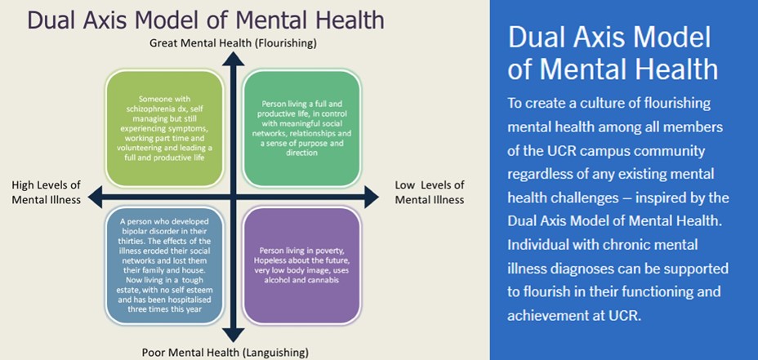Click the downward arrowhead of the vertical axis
point(234,335)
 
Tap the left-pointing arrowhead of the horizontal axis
point(96,198)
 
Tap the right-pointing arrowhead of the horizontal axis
point(372,198)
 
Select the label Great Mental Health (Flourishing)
point(233,43)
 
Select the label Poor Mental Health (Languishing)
point(225,351)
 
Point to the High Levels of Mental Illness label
point(47,192)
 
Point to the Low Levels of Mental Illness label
point(430,192)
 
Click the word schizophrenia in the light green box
point(144,109)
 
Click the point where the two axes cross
point(234,198)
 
